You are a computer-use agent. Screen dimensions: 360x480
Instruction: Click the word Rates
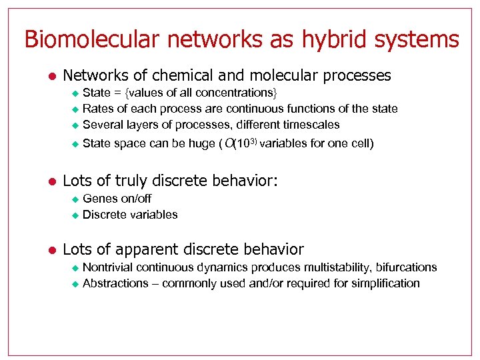97,108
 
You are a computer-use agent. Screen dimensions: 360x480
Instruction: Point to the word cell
360,143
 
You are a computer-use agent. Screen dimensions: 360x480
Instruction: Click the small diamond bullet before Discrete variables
75,215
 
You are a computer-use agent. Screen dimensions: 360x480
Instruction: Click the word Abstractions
115,283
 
